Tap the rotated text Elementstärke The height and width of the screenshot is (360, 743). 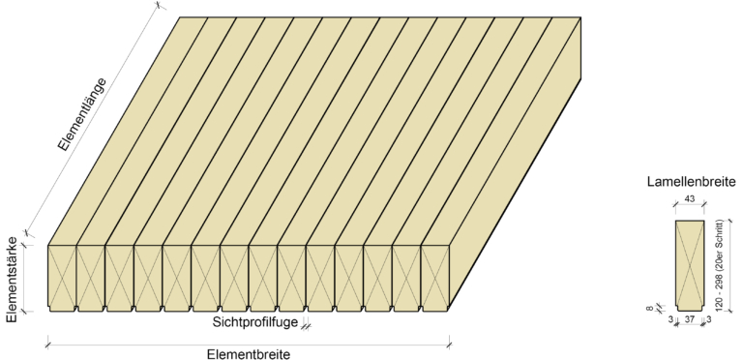pyautogui.click(x=12, y=280)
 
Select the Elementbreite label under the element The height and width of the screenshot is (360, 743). pyautogui.click(x=248, y=354)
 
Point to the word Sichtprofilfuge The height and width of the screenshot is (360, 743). pyautogui.click(x=255, y=322)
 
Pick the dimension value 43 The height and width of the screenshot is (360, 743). pyautogui.click(x=689, y=199)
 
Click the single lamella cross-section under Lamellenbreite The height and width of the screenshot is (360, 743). pyautogui.click(x=688, y=263)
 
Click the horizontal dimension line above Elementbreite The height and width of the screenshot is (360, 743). pyautogui.click(x=248, y=341)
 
